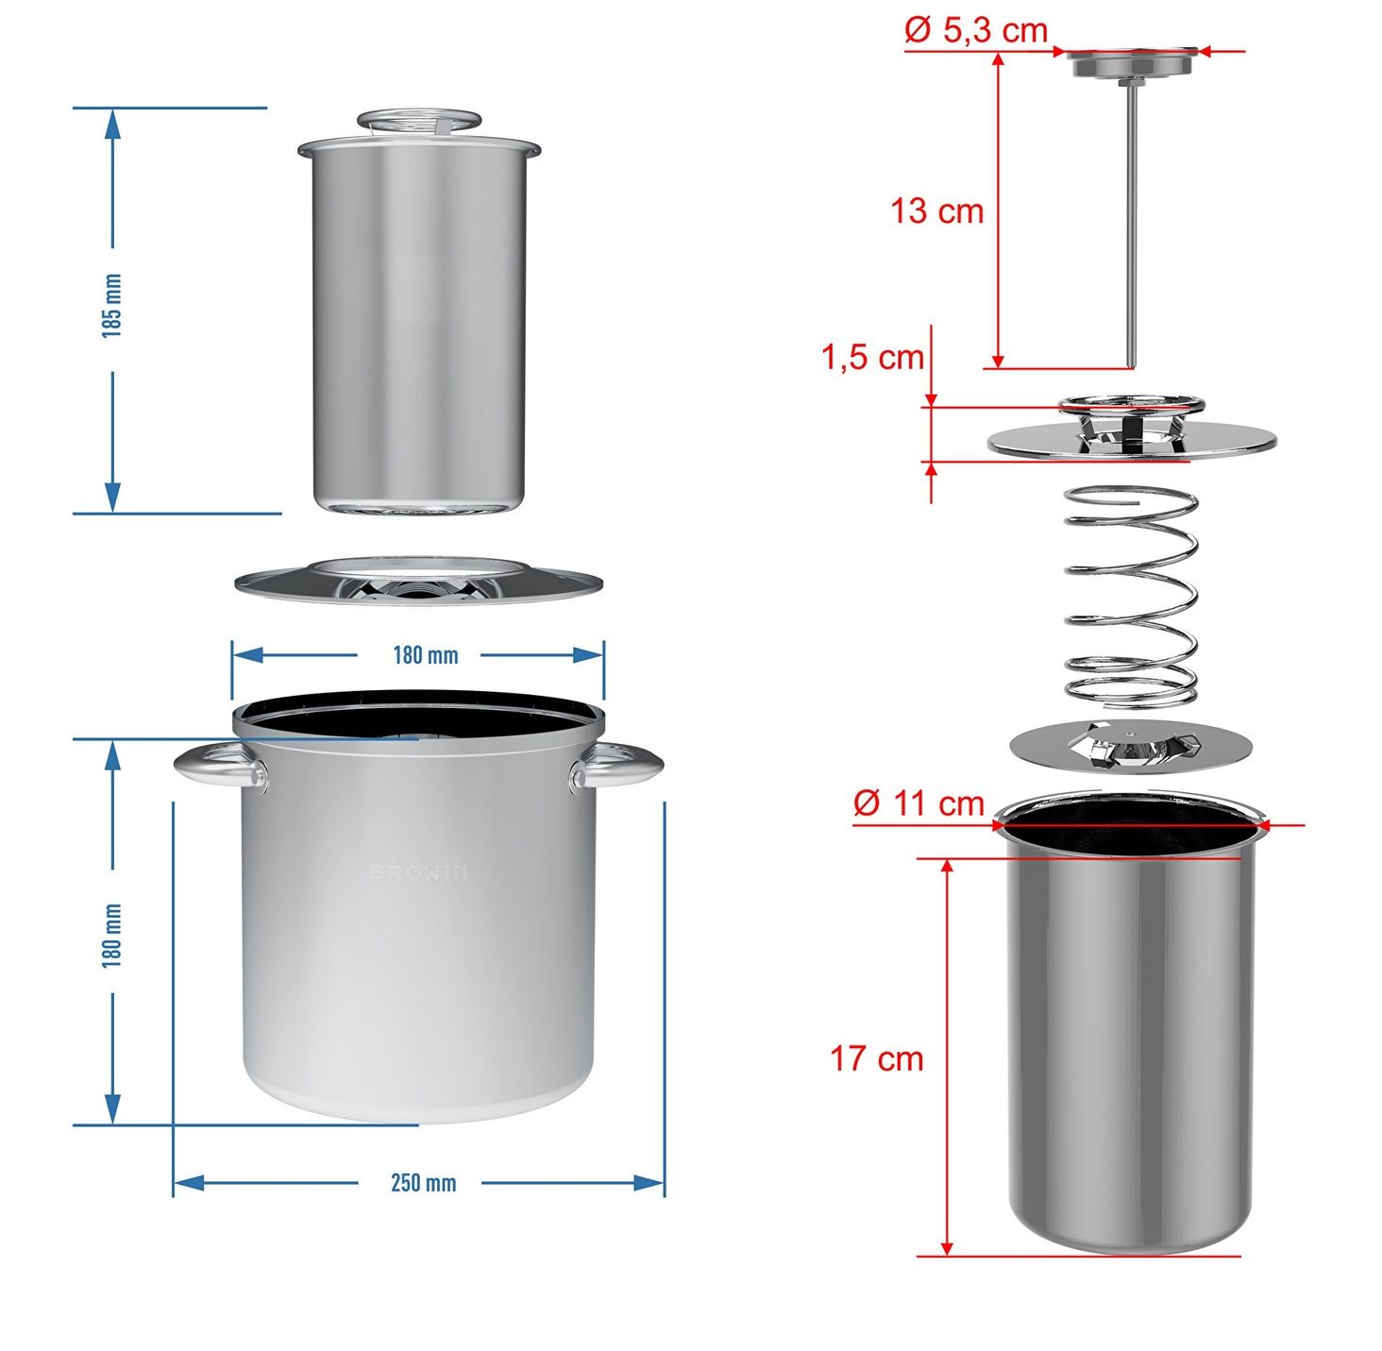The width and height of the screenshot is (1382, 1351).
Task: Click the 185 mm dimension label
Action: point(112,306)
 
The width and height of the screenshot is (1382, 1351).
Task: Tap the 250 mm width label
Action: point(423,1183)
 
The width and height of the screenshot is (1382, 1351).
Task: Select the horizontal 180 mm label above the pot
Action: point(426,655)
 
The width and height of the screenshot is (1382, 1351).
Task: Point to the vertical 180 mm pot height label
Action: point(112,935)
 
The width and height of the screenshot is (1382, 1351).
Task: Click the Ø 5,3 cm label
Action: point(976,30)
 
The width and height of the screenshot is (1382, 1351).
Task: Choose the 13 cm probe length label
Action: point(936,211)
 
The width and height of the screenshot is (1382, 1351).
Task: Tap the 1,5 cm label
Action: point(873,356)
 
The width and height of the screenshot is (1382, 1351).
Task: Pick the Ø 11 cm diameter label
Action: point(919,803)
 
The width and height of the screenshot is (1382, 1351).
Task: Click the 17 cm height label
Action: point(876,1057)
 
